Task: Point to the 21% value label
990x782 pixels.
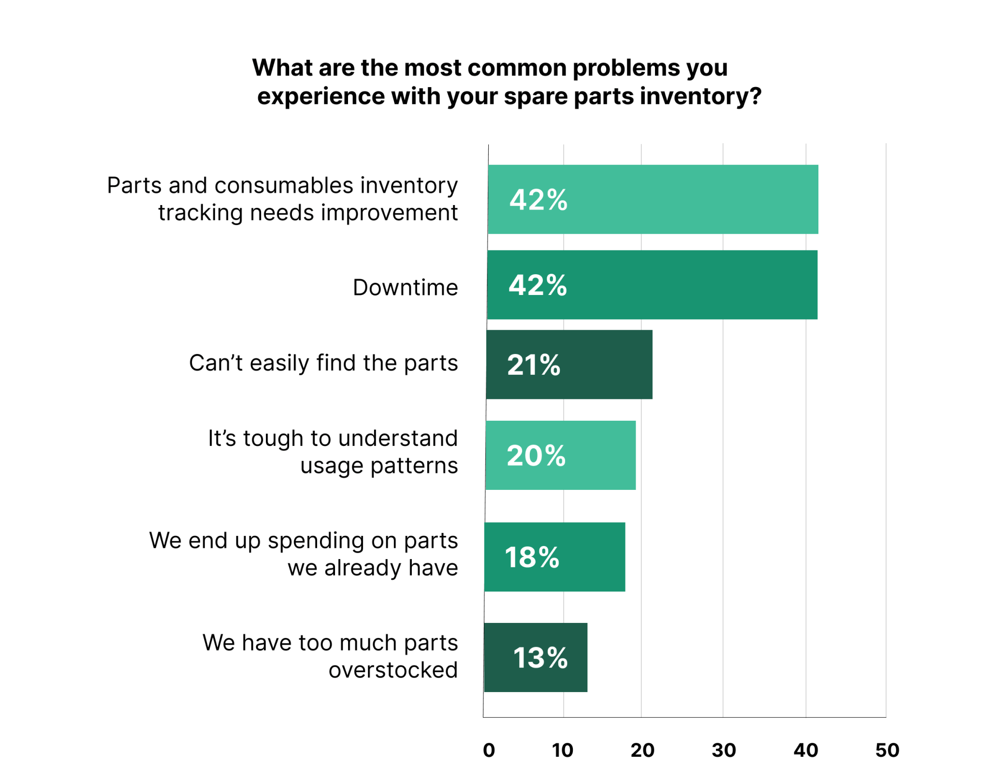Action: (x=534, y=365)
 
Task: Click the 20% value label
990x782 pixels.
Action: (x=536, y=456)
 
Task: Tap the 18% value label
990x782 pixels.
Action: (x=532, y=557)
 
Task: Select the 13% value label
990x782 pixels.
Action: (x=540, y=658)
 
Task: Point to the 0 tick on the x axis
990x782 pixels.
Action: (x=489, y=750)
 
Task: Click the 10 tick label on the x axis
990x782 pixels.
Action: (x=563, y=750)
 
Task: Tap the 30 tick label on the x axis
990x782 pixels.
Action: (x=724, y=750)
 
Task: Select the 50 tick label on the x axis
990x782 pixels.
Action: (x=887, y=750)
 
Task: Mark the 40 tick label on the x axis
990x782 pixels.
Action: (x=806, y=750)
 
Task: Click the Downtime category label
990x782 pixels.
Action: (x=405, y=288)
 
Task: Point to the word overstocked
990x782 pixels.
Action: (x=393, y=670)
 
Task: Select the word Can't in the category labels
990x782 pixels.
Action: (x=216, y=363)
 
